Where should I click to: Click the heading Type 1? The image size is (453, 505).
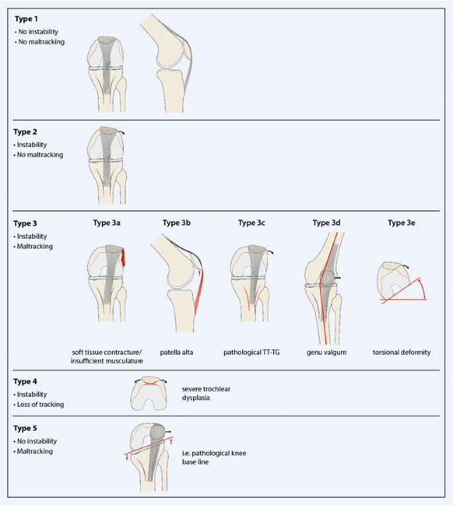click(26, 19)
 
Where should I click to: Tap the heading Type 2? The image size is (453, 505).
click(26, 132)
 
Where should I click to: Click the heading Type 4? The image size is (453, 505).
click(26, 382)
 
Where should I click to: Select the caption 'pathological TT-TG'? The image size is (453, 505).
click(252, 352)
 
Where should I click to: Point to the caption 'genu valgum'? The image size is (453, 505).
click(327, 352)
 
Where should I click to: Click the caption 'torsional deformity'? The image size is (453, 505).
click(401, 352)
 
